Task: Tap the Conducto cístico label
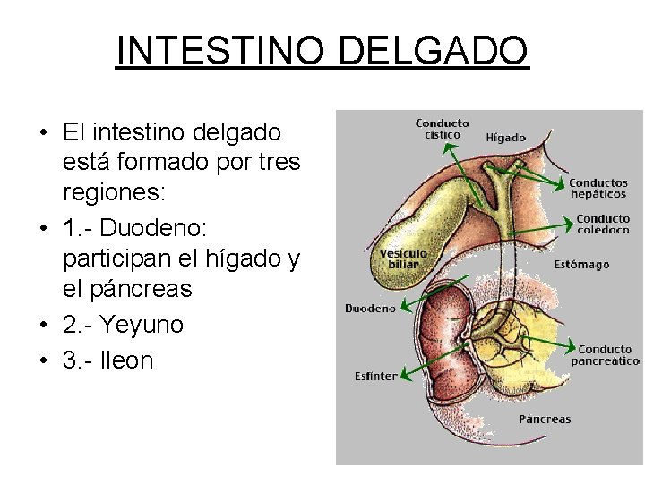(443, 129)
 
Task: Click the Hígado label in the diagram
(505, 138)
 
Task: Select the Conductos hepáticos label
(598, 188)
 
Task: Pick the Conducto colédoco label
(602, 224)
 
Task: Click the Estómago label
(581, 265)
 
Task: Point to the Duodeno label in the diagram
(370, 309)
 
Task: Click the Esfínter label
(375, 377)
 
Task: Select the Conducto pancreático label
(606, 355)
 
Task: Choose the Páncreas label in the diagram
(545, 419)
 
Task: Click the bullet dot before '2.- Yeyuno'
(43, 326)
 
